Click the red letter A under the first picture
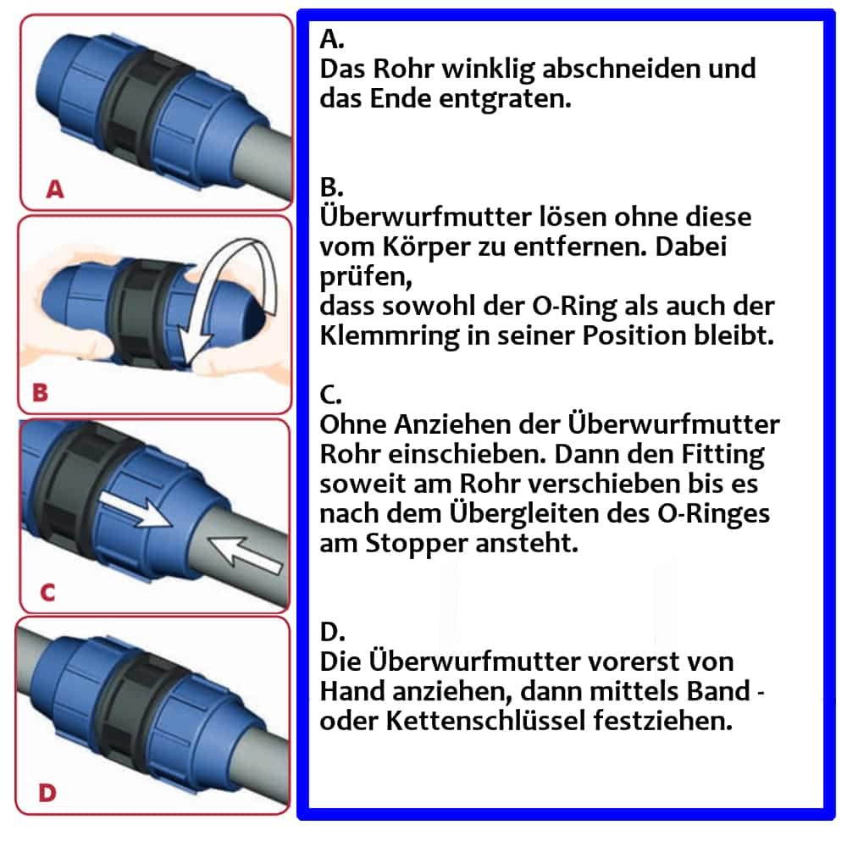pos(54,190)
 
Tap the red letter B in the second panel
pos(40,393)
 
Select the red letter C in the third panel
pos(47,592)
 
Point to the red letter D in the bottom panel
pos(47,793)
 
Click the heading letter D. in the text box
pos(335,632)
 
